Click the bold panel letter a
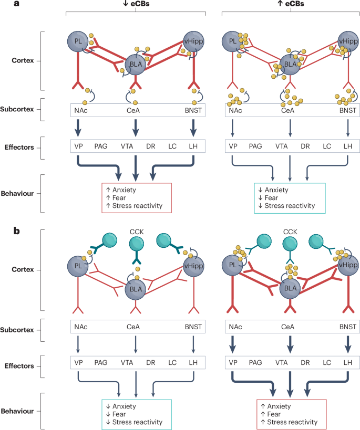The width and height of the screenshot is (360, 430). tap(6, 4)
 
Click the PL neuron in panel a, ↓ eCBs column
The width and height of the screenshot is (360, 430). tap(79, 41)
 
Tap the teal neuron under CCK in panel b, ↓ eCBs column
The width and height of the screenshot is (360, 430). tap(136, 245)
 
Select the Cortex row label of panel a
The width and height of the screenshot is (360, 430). tap(23, 60)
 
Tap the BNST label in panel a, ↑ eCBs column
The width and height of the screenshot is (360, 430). tap(347, 110)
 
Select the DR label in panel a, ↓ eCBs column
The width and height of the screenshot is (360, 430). tap(151, 147)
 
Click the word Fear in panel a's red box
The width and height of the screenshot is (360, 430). tap(123, 197)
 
